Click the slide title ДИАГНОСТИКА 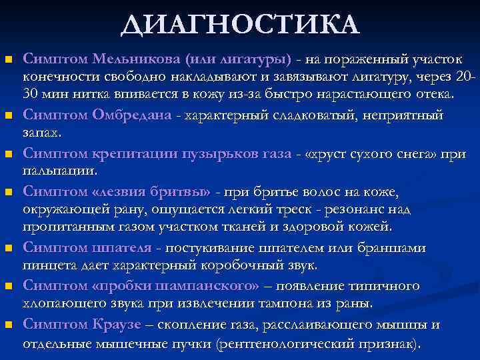(240, 26)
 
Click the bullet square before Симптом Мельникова (9, 61)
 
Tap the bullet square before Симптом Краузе (9, 325)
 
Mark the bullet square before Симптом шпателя (9, 249)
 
